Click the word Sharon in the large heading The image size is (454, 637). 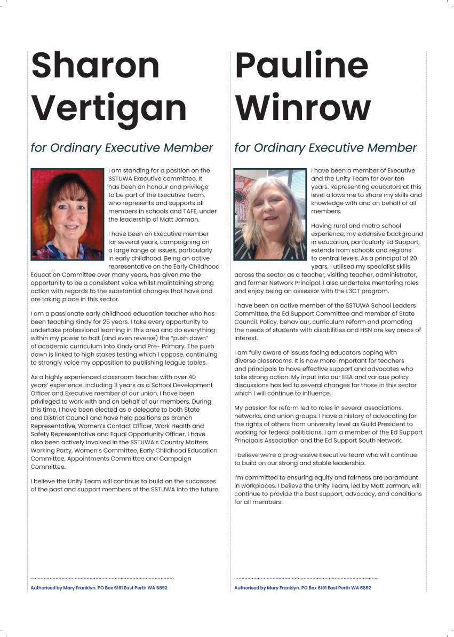pyautogui.click(x=95, y=66)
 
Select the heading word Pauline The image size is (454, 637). pyautogui.click(x=301, y=66)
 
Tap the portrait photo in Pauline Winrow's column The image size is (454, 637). pyautogui.click(x=270, y=214)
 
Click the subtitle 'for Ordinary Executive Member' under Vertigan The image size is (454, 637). pyautogui.click(x=122, y=148)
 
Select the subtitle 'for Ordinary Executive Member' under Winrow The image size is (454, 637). pyautogui.click(x=325, y=148)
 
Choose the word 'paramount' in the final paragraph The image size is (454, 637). pyautogui.click(x=404, y=477)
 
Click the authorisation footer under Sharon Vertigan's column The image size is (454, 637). pyautogui.click(x=99, y=588)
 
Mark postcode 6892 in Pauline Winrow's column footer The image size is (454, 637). pyautogui.click(x=365, y=588)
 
